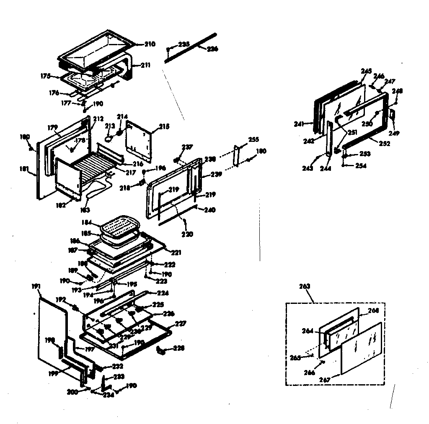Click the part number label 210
point(150,44)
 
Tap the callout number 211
point(145,65)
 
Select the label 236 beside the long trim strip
point(212,49)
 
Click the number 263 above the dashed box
point(305,286)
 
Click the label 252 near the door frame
point(384,144)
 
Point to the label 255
point(253,139)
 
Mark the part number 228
point(178,348)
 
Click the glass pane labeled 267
point(361,347)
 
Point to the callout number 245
point(366,71)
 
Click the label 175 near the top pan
point(46,76)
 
